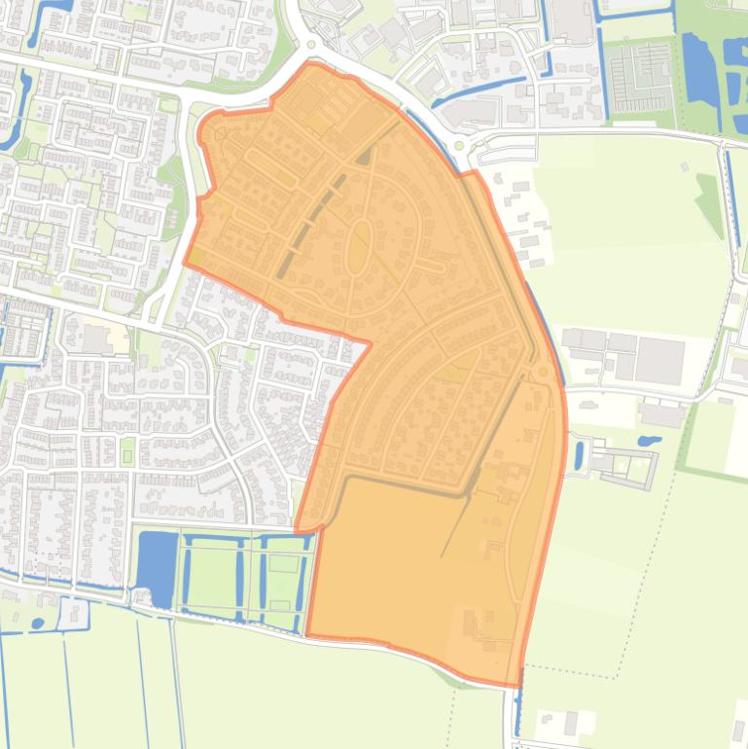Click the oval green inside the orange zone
tap(359, 245)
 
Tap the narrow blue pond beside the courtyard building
tap(579, 455)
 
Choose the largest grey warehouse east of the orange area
tap(659, 361)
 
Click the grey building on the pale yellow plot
tap(97, 339)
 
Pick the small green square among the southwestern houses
tap(127, 451)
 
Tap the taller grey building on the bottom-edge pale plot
tap(571, 723)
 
